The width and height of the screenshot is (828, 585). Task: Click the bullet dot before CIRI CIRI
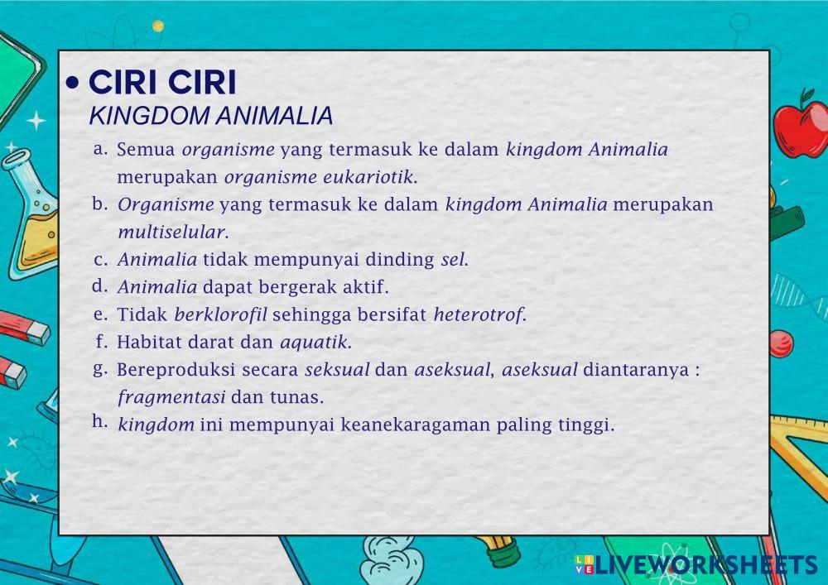coord(73,83)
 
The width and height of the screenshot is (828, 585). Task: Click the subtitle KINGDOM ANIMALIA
coord(210,116)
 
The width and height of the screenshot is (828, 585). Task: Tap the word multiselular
coord(173,233)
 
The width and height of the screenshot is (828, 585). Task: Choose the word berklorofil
coord(221,314)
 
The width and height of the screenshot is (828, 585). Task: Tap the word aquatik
coord(315,343)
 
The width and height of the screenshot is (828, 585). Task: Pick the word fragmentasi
coord(171,397)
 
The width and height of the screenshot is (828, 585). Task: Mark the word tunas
coord(296,397)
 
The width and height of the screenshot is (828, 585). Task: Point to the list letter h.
coord(99,421)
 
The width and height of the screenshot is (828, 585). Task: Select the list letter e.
coord(100,314)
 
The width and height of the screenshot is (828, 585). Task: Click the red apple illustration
coord(801,127)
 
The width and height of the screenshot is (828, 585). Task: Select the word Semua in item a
coord(146,150)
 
